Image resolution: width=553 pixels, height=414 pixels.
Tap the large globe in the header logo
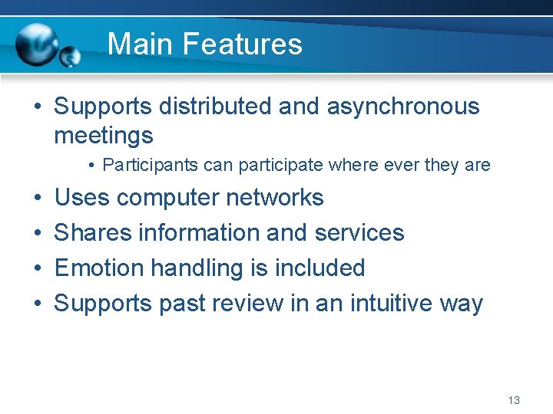[36, 44]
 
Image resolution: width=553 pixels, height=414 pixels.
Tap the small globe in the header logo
[71, 56]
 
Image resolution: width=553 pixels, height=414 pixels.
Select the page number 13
[514, 400]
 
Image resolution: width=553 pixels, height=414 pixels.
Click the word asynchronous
[402, 107]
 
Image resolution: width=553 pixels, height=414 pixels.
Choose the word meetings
[103, 136]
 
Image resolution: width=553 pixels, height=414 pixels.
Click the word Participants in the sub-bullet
[147, 165]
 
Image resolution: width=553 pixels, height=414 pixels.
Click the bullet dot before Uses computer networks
[37, 199]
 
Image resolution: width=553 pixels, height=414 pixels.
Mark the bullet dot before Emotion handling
[37, 269]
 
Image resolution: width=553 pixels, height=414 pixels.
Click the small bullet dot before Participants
[91, 166]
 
